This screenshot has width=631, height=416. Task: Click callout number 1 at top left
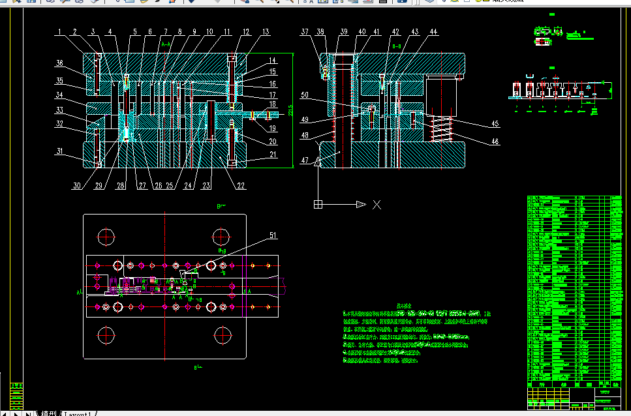pos(58,31)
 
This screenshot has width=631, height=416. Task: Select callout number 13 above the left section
pos(266,31)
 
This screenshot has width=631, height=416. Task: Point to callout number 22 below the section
pos(241,186)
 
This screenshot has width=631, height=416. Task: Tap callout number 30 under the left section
pos(77,186)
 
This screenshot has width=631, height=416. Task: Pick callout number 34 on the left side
pos(59,95)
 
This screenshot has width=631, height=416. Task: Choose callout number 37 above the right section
pos(305,31)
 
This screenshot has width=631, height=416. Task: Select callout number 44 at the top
pos(433,31)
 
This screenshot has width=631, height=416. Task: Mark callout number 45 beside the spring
pos(495,124)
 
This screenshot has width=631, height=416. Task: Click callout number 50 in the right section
pos(305,95)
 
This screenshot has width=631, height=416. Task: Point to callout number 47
pos(305,160)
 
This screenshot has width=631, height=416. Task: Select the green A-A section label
pos(166,44)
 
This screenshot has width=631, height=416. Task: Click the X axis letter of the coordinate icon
pos(377,204)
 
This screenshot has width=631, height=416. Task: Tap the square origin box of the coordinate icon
pos(318,204)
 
